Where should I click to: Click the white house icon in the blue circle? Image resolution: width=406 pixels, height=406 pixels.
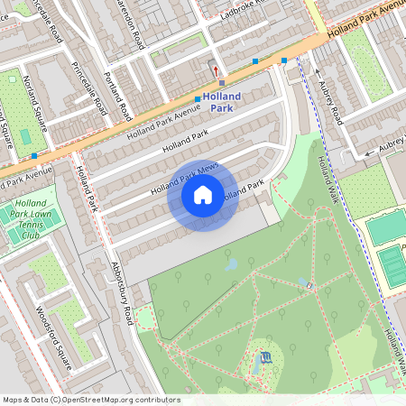click(x=203, y=194)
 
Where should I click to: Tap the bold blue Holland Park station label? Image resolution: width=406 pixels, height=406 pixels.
click(x=222, y=101)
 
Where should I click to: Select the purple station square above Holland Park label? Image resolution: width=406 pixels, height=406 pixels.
click(x=222, y=82)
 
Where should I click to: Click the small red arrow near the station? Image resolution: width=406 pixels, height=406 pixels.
click(x=215, y=70)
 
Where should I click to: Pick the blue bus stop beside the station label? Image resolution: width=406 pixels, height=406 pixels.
click(x=198, y=99)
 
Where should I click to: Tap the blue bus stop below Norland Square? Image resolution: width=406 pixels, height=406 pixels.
click(x=34, y=155)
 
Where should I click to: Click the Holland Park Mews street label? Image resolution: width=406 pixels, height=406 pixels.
click(x=185, y=176)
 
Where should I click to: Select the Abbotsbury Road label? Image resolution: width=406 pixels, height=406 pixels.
click(x=121, y=291)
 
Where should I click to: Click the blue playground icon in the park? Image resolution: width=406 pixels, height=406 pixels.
click(x=263, y=357)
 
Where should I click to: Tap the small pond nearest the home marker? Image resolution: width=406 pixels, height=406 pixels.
click(x=232, y=263)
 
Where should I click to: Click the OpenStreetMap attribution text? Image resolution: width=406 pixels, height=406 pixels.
click(x=90, y=400)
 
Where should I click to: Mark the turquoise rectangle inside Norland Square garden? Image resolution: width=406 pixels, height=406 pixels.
click(x=24, y=136)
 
